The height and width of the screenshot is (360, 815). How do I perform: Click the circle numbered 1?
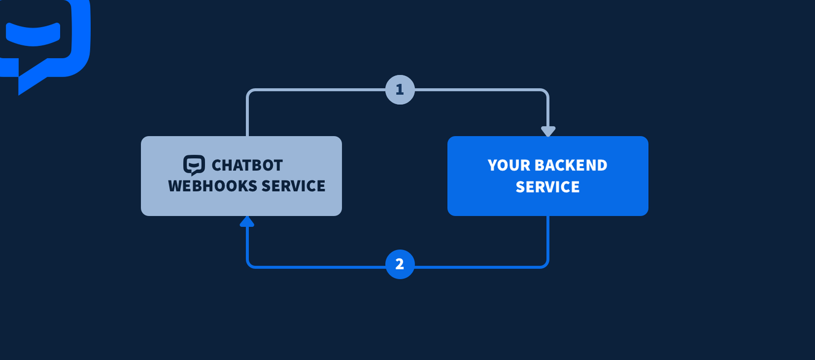pos(400,90)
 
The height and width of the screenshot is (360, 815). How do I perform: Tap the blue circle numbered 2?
pos(400,264)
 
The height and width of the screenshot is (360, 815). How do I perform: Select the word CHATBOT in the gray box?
pos(247,165)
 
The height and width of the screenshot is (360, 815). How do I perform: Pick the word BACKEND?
pos(570,165)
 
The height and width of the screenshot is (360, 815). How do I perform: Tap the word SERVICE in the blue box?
pos(548,186)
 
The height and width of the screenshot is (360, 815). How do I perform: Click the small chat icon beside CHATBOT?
pos(194,165)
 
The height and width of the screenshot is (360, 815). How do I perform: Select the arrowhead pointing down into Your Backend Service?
pos(548,131)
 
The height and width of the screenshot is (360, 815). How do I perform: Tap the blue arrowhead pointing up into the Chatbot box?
pos(247,221)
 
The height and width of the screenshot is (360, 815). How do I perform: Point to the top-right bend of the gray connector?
pos(546,91)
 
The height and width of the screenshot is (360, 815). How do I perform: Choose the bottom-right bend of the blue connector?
pos(546,265)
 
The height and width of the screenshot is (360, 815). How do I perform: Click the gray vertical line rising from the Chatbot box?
pos(247,117)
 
